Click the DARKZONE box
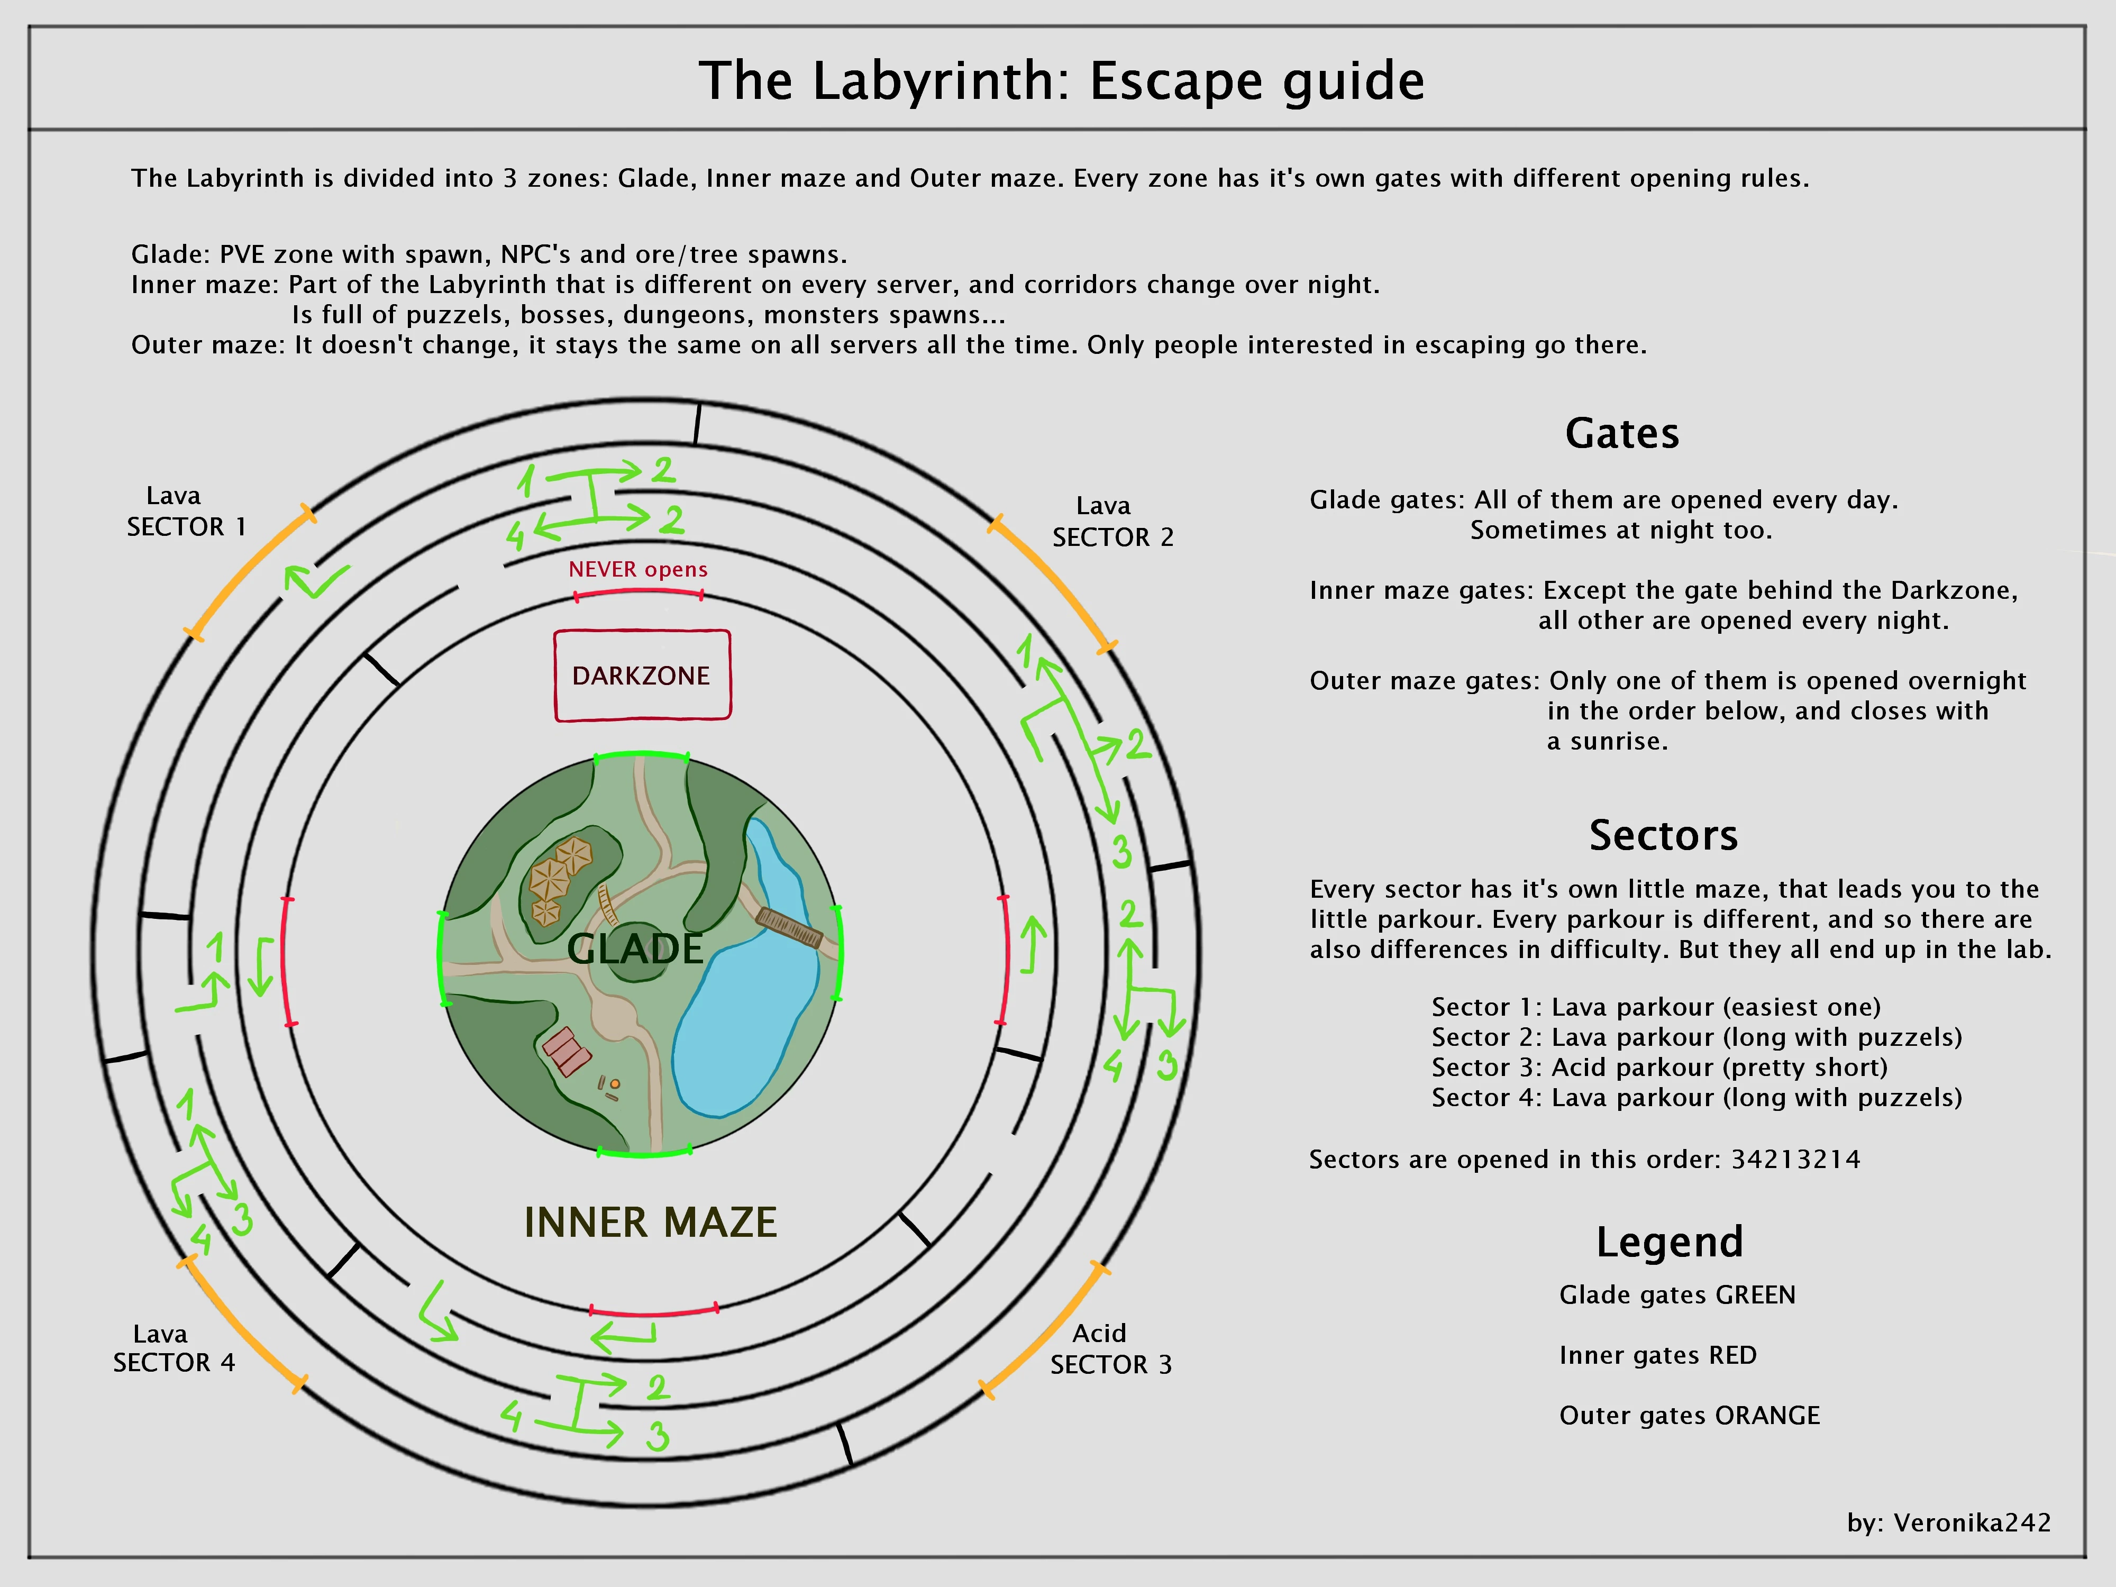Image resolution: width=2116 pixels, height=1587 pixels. click(642, 676)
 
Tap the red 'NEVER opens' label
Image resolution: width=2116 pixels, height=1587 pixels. click(638, 569)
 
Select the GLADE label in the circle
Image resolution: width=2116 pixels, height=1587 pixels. click(635, 949)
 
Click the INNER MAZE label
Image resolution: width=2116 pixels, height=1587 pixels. click(651, 1223)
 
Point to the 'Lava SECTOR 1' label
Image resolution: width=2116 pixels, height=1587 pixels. click(187, 512)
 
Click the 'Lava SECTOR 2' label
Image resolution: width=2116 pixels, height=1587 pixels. click(1111, 522)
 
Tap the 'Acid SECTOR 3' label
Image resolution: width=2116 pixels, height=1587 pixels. click(1110, 1349)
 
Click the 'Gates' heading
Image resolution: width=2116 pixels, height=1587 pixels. click(1621, 433)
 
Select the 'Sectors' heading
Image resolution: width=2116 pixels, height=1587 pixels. click(1663, 835)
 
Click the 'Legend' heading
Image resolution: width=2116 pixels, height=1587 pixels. click(1670, 1242)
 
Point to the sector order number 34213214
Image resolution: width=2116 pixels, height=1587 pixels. click(1795, 1160)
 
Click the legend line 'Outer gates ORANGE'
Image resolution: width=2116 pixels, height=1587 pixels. click(1689, 1416)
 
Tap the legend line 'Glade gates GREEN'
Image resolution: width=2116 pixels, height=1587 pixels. click(1677, 1295)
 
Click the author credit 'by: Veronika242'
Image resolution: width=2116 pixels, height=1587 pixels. click(1949, 1523)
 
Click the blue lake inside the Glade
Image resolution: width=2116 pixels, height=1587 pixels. click(736, 1033)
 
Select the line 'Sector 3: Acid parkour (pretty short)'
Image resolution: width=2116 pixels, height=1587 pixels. click(1659, 1068)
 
